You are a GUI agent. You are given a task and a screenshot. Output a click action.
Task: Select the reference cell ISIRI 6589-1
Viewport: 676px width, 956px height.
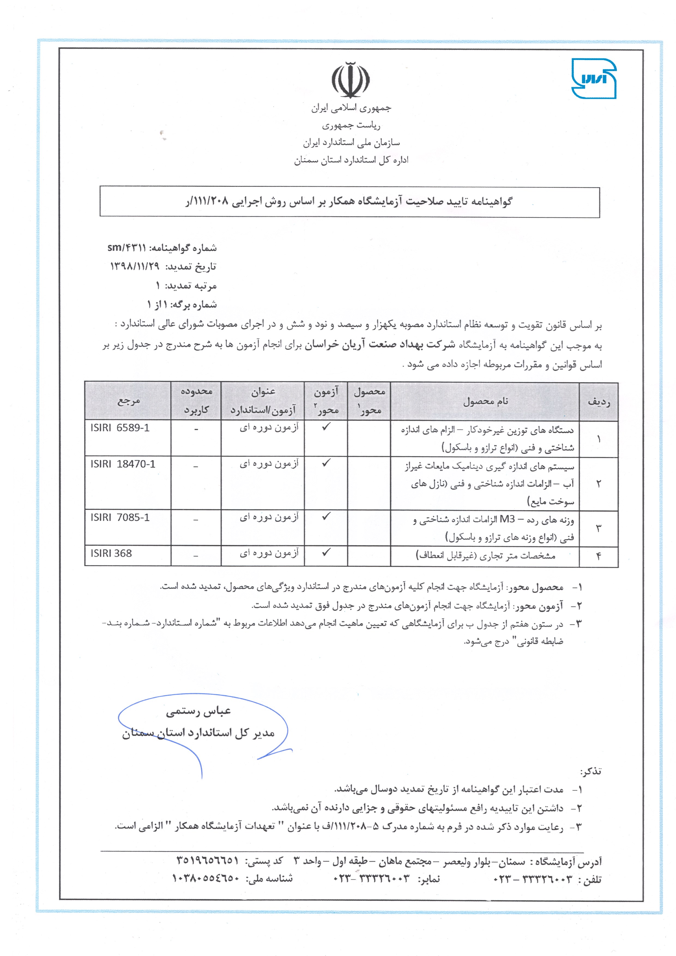[x=120, y=428]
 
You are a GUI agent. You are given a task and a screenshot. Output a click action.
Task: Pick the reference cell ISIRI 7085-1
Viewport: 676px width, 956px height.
[x=120, y=518]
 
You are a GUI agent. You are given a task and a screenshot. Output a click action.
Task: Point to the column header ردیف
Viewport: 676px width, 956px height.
[x=599, y=402]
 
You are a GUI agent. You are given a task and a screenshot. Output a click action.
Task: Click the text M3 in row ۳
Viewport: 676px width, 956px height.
[x=507, y=519]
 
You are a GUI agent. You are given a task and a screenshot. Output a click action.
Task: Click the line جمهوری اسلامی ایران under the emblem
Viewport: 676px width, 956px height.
[x=351, y=108]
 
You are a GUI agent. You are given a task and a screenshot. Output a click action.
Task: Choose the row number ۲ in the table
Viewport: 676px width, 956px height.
[x=599, y=484]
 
